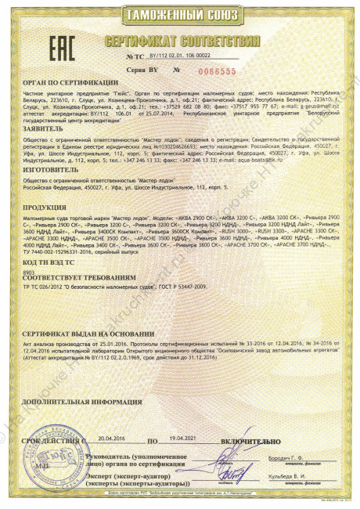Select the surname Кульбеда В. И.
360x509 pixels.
(x=307, y=477)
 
